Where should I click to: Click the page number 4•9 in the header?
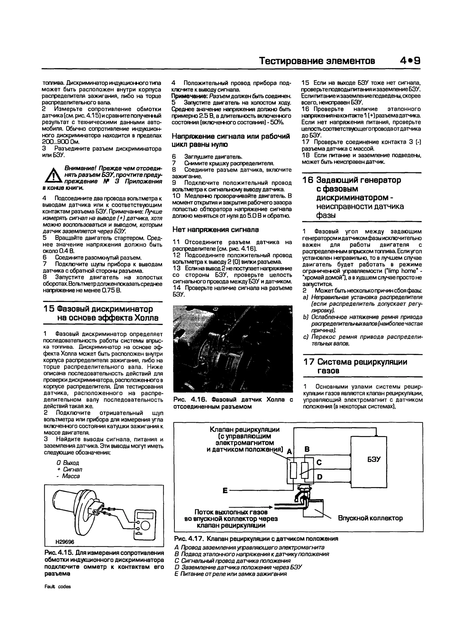pos(410,61)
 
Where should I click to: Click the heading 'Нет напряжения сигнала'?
pos(215,230)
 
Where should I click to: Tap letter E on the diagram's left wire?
pos(225,491)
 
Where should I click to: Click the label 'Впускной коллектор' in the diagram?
pos(370,518)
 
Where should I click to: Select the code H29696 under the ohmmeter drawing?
pos(65,542)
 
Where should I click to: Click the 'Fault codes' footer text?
pos(58,586)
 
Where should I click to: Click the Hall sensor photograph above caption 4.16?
pos(233,349)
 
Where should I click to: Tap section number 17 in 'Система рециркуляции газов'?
pos(309,362)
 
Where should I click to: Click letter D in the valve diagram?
pos(320,477)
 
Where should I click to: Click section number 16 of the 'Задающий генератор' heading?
pos(308,180)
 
